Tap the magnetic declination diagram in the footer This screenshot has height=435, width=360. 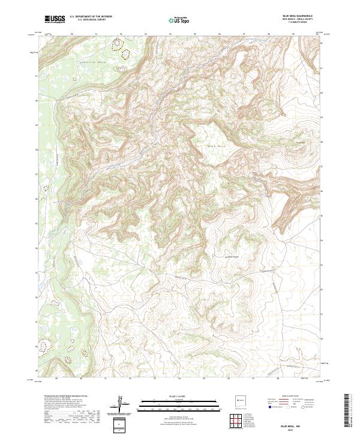coord(121,403)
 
